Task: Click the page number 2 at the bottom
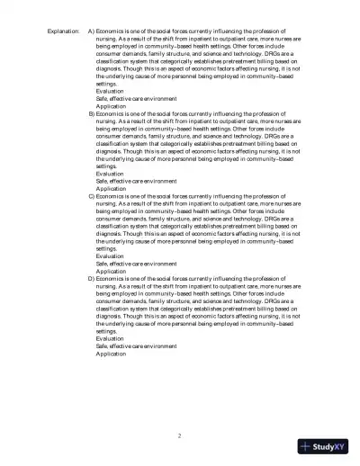[180, 436]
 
